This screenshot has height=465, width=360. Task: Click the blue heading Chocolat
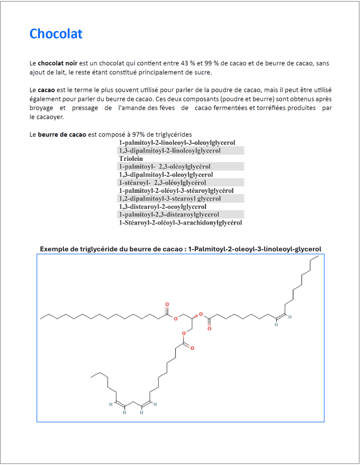coord(56,34)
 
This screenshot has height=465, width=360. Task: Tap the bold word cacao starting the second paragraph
coord(46,89)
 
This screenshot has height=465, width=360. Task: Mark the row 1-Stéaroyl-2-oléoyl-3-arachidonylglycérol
coord(180,222)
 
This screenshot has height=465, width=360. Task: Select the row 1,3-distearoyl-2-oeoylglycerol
coord(163,207)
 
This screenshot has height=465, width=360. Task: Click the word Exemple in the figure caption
coord(54,249)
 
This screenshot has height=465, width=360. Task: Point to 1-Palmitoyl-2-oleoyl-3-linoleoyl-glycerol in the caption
coord(254,249)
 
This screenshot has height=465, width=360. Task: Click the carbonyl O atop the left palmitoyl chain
coord(167,304)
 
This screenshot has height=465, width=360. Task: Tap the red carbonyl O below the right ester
coord(209,328)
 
